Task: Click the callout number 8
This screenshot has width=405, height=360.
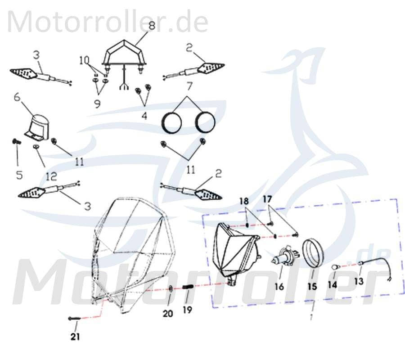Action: point(152,26)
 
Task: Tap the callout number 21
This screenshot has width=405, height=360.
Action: point(76,335)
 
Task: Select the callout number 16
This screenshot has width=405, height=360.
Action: point(279,286)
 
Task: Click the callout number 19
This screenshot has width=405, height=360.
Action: point(188,310)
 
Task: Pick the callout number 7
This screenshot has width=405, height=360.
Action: point(189,85)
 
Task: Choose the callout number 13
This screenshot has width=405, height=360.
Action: point(358,281)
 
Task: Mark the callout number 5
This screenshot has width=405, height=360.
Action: point(19,175)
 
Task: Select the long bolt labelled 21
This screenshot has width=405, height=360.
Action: point(75,318)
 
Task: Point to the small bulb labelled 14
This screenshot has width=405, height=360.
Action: point(334,268)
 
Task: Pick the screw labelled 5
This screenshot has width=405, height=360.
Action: point(17,142)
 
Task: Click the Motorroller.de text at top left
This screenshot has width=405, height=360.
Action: point(108,22)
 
